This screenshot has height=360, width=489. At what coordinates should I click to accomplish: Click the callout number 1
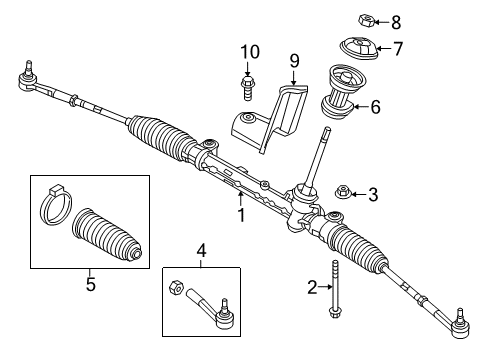click(241, 213)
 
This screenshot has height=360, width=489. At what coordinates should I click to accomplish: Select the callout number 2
click(312, 288)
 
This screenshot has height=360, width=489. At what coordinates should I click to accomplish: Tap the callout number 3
click(372, 194)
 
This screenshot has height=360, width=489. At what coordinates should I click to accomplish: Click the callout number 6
click(376, 107)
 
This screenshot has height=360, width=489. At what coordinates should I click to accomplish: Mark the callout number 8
click(396, 21)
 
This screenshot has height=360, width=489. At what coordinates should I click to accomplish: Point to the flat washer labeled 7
click(358, 47)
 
